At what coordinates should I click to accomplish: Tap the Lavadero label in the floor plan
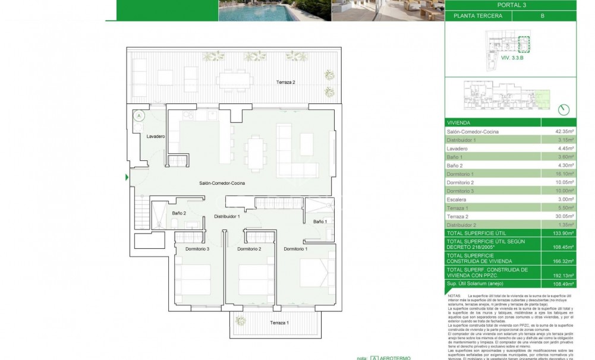156,137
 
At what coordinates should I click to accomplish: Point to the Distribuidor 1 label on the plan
226,217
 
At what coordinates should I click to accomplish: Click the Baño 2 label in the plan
180,213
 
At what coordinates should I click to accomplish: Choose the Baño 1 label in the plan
319,222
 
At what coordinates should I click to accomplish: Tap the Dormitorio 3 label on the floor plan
196,249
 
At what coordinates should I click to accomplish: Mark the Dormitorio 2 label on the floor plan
249,249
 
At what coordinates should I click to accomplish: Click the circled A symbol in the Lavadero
138,116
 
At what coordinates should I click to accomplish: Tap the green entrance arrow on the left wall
127,177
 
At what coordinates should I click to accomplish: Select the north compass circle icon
563,109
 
